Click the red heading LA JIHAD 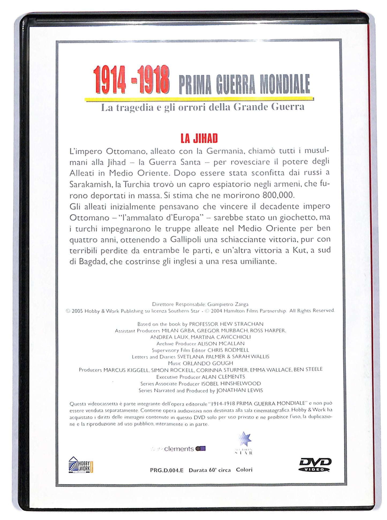(x=199, y=138)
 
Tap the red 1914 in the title (x=109, y=80)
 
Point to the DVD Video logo (x=315, y=465)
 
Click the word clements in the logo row (x=179, y=449)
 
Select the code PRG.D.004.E (x=167, y=470)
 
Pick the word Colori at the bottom (x=244, y=470)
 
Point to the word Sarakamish (x=90, y=184)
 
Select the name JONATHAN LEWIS (x=239, y=390)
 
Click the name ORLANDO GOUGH (x=208, y=363)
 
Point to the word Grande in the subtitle (x=250, y=107)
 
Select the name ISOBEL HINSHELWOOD (x=231, y=383)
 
